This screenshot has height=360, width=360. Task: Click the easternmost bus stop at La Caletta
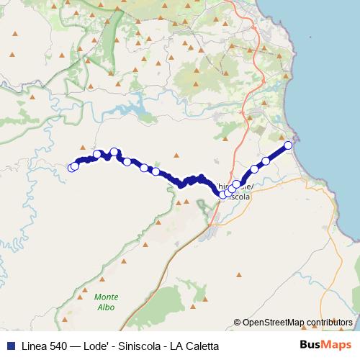coord(289,145)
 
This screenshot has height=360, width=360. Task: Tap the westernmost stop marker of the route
coord(71,168)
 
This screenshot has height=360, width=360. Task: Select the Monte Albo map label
coord(105,302)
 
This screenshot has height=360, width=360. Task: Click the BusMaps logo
coord(325,345)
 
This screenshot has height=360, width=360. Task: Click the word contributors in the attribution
coord(328,323)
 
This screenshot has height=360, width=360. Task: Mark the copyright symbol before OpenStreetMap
coord(238,323)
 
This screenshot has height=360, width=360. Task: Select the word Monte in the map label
coord(106,297)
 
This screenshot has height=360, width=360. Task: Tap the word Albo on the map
coord(105,307)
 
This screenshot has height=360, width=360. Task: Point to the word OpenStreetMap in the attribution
coord(273,323)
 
